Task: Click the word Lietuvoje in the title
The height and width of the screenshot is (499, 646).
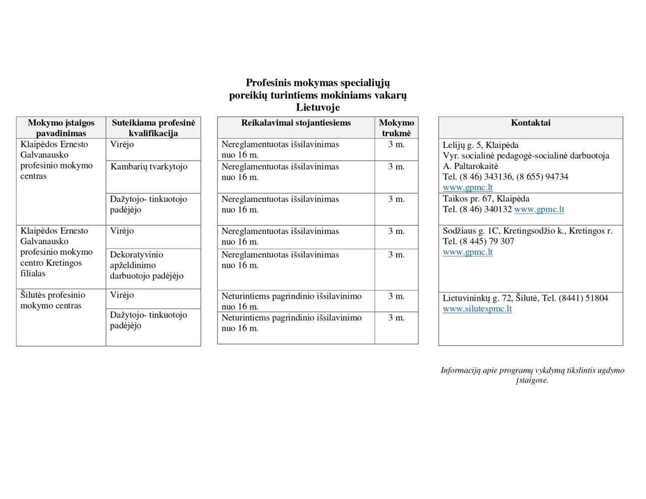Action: coord(317,107)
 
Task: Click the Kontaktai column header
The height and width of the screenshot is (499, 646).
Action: coord(530,123)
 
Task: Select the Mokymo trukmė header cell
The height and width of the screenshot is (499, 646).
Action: coord(396,128)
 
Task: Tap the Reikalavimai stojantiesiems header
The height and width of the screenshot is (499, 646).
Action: coord(296,123)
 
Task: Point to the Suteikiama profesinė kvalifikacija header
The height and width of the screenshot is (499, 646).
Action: coord(153,128)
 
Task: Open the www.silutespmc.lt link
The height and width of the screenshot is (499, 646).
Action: coord(477,309)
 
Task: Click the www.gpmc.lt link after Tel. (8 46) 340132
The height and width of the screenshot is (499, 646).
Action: coord(539,209)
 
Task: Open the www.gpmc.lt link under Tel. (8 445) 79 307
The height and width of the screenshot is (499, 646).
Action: coord(467,252)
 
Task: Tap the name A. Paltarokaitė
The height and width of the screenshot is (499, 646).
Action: coord(470,166)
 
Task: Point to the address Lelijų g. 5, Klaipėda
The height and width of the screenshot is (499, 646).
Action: coord(480,145)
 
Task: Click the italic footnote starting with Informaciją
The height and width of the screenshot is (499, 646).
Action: coord(532,375)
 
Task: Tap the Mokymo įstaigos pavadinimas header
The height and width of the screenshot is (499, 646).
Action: coord(61,128)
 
